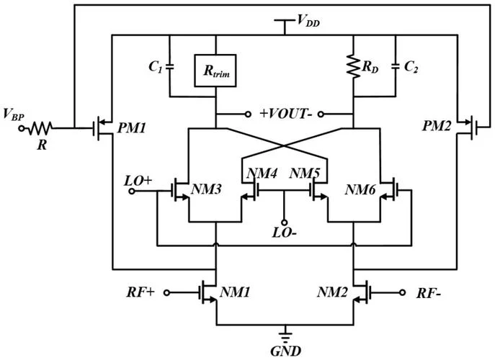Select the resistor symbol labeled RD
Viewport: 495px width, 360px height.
[354, 66]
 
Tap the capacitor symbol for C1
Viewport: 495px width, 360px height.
[170, 66]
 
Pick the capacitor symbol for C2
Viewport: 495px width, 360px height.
[396, 66]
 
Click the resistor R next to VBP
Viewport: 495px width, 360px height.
[40, 128]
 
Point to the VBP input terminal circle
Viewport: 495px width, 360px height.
[22, 128]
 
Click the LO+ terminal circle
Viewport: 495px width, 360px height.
[132, 191]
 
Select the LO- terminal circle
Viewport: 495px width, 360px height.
[284, 222]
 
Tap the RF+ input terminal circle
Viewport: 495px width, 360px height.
[166, 293]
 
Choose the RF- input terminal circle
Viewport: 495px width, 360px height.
[402, 292]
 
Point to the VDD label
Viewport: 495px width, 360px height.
[308, 20]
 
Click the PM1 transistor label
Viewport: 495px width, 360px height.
[132, 128]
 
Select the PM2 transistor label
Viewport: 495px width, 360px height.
[437, 126]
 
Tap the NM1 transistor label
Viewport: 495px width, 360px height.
[235, 292]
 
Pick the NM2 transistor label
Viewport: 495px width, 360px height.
[332, 292]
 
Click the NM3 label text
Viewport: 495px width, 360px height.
[207, 189]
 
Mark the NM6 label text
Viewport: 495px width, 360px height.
[360, 189]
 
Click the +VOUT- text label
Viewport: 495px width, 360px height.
[285, 114]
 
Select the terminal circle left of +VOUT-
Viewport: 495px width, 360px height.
[248, 114]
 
